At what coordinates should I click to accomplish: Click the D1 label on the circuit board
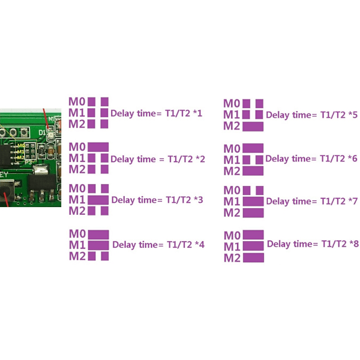(x=42, y=131)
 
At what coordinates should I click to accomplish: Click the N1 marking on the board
(x=52, y=119)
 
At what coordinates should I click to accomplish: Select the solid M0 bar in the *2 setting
(x=98, y=146)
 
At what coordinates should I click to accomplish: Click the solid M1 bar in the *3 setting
(x=98, y=199)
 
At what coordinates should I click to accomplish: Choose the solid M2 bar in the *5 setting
(x=253, y=126)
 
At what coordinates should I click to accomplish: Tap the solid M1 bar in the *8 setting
(x=253, y=246)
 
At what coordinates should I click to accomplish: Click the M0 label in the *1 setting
(x=77, y=101)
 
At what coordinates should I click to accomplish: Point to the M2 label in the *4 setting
(x=77, y=256)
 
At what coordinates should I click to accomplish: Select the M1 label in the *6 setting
(x=232, y=160)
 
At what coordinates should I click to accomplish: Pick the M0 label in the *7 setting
(x=232, y=191)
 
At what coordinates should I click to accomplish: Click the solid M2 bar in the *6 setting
(x=253, y=171)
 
